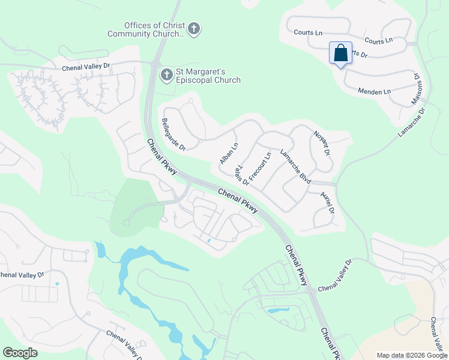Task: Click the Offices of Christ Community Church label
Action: pyautogui.click(x=146, y=29)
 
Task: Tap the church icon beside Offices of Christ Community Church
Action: pyautogui.click(x=193, y=28)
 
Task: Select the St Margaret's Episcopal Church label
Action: pyautogui.click(x=208, y=76)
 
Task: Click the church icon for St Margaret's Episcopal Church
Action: pyautogui.click(x=166, y=75)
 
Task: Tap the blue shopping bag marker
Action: pyautogui.click(x=340, y=53)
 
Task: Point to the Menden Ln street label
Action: pyautogui.click(x=374, y=91)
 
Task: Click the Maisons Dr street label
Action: pyautogui.click(x=417, y=89)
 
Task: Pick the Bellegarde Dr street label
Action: pyautogui.click(x=173, y=134)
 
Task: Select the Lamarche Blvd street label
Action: pyautogui.click(x=295, y=165)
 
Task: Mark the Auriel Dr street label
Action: pyautogui.click(x=327, y=203)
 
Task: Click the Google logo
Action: pyautogui.click(x=20, y=353)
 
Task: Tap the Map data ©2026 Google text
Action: pyautogui.click(x=411, y=355)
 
